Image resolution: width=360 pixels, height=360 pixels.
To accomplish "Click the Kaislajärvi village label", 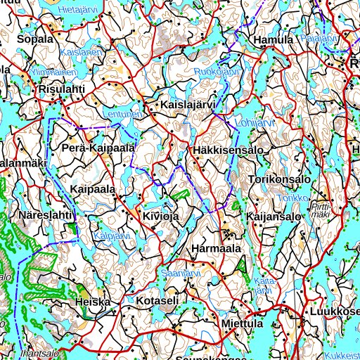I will (188, 105).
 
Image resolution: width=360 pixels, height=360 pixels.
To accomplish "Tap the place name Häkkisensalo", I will (226, 150).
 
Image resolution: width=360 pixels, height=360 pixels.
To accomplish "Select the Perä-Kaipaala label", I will (98, 148).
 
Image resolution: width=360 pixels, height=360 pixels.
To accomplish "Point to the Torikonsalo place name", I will (280, 180).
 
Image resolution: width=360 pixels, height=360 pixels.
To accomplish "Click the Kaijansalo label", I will (274, 217).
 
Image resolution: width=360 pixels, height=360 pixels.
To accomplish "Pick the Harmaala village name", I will (216, 249).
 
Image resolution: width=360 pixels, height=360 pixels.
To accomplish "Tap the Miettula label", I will (241, 324).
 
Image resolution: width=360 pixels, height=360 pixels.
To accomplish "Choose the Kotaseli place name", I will (158, 301).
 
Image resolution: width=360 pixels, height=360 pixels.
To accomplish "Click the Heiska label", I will (93, 302).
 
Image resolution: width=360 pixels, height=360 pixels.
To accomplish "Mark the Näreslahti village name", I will (46, 214).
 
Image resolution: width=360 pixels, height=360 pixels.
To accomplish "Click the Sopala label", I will (35, 39).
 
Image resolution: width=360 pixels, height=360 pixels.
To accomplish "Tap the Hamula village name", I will (274, 40).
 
